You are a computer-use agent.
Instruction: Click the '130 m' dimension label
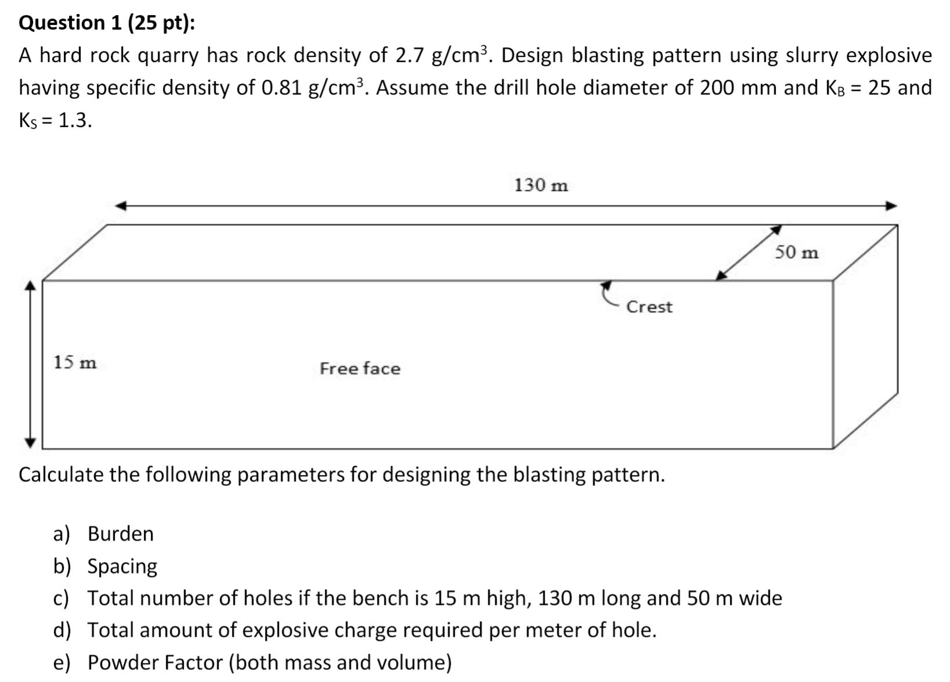coord(541,186)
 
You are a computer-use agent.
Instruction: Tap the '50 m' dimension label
coord(797,252)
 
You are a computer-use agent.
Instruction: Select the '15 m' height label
coord(75,362)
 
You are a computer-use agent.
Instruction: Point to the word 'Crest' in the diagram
coord(649,307)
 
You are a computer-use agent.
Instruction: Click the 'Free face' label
coord(360,368)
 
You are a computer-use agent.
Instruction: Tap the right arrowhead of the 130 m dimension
coord(891,206)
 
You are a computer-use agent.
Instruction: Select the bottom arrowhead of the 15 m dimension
coord(31,443)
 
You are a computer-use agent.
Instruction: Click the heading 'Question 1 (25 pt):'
coord(107,23)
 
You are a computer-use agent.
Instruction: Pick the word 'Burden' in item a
coord(121,534)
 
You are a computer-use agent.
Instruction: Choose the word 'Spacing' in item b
coord(122,566)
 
